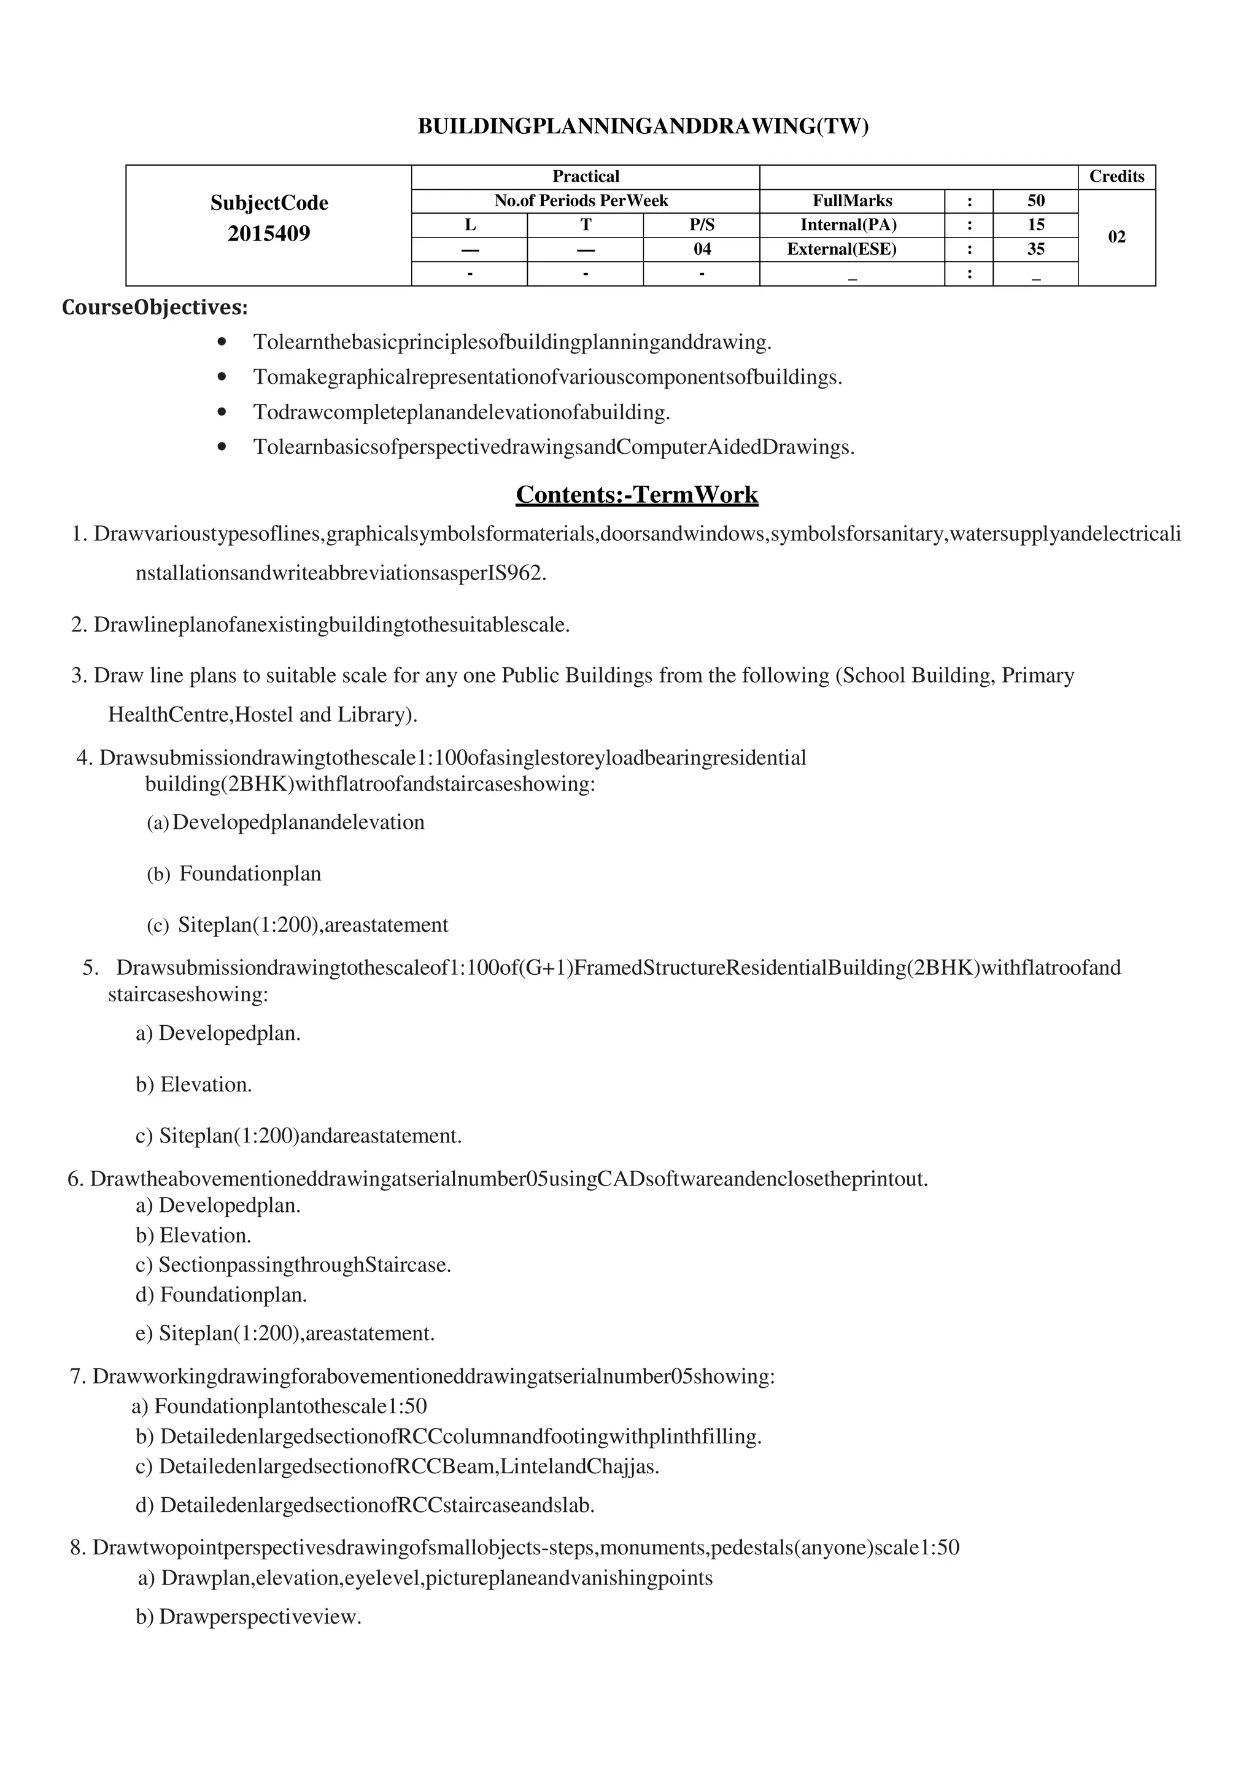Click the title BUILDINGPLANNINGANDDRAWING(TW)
[x=643, y=126]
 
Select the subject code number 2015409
[x=269, y=233]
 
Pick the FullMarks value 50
[x=1035, y=201]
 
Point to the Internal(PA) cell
[x=852, y=225]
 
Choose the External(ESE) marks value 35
[x=1035, y=249]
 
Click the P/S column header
[x=701, y=225]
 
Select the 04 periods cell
[x=701, y=249]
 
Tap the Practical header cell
[x=586, y=177]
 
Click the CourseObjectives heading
[x=155, y=308]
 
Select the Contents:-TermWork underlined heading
[x=636, y=494]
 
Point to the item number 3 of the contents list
[x=78, y=676]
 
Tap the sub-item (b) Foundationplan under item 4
[x=234, y=874]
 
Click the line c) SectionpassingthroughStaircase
[x=293, y=1265]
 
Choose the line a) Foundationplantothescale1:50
[x=280, y=1406]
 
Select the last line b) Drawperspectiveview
[x=249, y=1617]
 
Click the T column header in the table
[x=586, y=225]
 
